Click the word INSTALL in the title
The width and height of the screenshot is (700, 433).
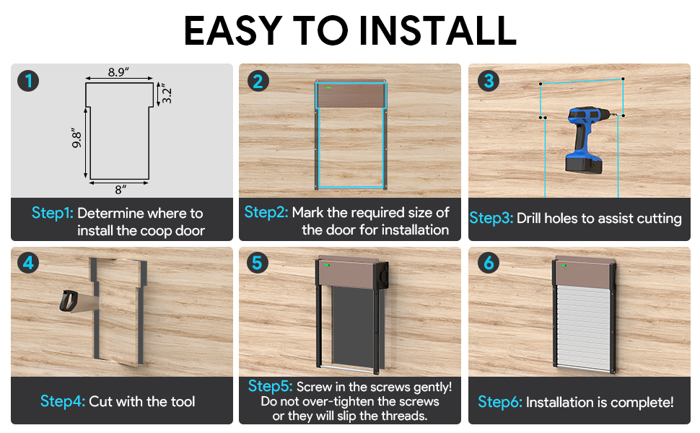click(437, 30)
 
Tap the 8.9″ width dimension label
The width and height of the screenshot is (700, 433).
click(118, 72)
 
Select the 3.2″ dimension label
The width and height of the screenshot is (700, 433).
click(166, 94)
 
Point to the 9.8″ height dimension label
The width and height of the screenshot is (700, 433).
click(76, 139)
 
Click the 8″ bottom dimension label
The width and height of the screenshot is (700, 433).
click(121, 190)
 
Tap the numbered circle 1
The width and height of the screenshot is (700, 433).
click(28, 81)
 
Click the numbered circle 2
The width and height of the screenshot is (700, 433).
click(258, 82)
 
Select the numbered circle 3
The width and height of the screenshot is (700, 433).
click(489, 81)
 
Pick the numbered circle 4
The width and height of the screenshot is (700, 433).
click(28, 263)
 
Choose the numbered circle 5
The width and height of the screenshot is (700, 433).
click(257, 263)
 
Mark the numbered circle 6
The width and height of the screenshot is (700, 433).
click(489, 263)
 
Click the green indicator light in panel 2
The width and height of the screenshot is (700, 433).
click(328, 87)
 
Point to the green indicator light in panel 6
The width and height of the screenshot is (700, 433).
click(564, 266)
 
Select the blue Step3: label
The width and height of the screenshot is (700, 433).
click(491, 218)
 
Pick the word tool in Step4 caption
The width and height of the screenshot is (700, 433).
click(183, 401)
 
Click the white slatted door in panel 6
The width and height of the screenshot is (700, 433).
click(583, 325)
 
